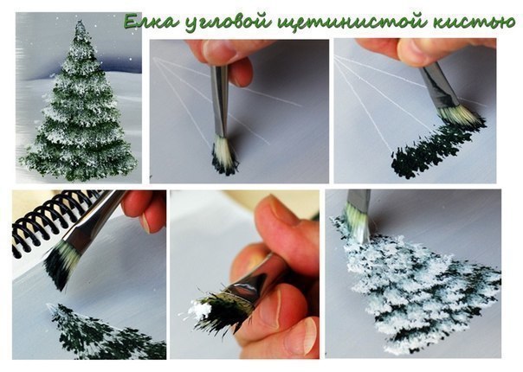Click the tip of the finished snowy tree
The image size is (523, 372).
pyautogui.click(x=80, y=26)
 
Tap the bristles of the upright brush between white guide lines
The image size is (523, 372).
pyautogui.click(x=224, y=156)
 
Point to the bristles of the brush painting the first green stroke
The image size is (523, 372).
pyautogui.click(x=460, y=114)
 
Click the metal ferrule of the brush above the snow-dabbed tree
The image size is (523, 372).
pyautogui.click(x=358, y=202)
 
